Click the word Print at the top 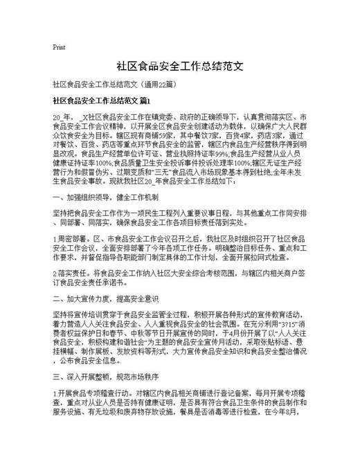point(59,48)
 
